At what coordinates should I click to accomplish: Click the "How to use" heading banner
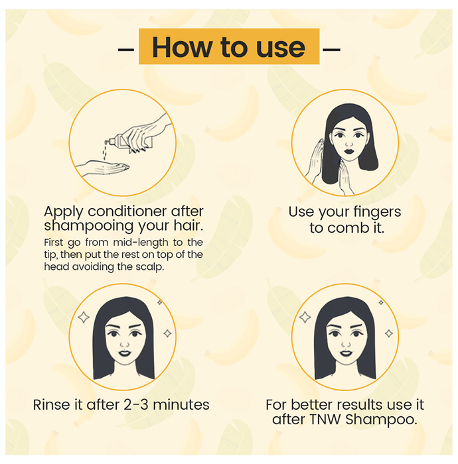coord(229,46)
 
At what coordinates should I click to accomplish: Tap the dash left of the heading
coord(126,49)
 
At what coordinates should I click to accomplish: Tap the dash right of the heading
coord(331,49)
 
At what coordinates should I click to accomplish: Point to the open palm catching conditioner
coord(102,167)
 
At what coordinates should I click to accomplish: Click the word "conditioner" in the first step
coord(127,211)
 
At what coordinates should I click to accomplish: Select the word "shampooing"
coord(89,226)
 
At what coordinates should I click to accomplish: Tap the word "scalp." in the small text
coord(149,267)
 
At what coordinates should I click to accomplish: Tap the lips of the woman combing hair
coord(349,150)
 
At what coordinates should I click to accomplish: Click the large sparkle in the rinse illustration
coord(84,318)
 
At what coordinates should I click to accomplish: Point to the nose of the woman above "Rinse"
coord(124,343)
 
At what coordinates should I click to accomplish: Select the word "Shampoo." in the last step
coord(381,420)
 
